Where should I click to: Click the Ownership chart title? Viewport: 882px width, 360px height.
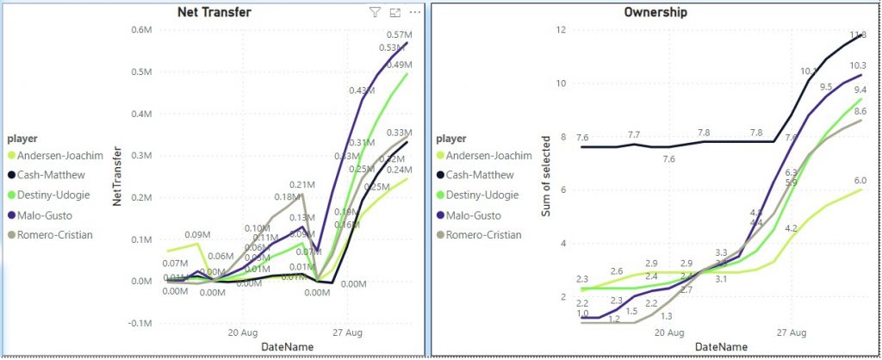(x=656, y=12)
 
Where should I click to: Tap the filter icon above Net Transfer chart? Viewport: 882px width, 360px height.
(x=375, y=12)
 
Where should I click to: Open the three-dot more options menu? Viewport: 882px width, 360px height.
(x=415, y=12)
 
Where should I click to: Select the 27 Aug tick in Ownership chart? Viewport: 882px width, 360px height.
(x=792, y=332)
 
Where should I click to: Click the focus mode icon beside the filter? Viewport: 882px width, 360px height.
(x=395, y=12)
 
